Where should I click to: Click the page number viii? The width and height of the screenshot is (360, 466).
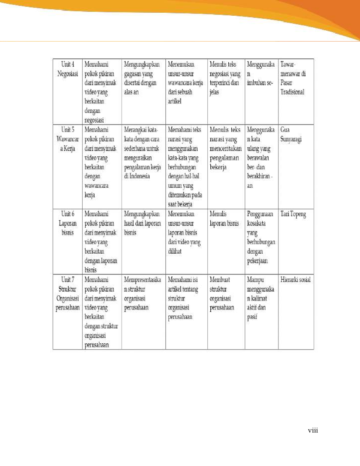click(x=312, y=430)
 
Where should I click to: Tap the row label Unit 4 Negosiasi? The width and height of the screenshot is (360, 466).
click(x=68, y=69)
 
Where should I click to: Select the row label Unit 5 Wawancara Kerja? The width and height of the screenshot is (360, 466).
click(x=68, y=139)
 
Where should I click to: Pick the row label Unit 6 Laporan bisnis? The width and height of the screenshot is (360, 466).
click(x=68, y=223)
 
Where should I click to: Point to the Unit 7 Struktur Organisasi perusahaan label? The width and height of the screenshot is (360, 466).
click(x=68, y=294)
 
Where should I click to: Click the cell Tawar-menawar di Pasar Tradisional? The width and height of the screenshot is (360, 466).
click(x=293, y=78)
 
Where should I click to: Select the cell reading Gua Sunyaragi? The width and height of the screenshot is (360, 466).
click(x=291, y=135)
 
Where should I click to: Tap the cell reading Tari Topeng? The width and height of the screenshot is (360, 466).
click(x=293, y=214)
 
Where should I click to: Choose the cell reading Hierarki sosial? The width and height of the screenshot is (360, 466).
click(x=295, y=280)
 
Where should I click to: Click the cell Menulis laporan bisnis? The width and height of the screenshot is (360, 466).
click(x=224, y=219)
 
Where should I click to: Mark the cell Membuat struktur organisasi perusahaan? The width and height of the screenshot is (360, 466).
click(x=222, y=294)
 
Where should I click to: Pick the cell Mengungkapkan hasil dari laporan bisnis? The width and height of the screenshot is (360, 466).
click(x=142, y=223)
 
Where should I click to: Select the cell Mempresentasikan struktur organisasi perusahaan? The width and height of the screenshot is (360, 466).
click(x=143, y=294)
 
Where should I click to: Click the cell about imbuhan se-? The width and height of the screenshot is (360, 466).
click(x=260, y=78)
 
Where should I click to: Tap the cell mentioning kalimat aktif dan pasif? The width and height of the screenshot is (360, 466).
click(x=260, y=298)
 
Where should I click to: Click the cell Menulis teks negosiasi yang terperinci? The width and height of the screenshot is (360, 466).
click(x=225, y=78)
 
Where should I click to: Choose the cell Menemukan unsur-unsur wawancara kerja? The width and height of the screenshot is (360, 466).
click(x=185, y=83)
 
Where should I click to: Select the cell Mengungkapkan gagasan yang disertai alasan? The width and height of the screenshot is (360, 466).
click(x=142, y=78)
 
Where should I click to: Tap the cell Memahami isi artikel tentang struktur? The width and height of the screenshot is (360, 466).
click(x=183, y=298)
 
